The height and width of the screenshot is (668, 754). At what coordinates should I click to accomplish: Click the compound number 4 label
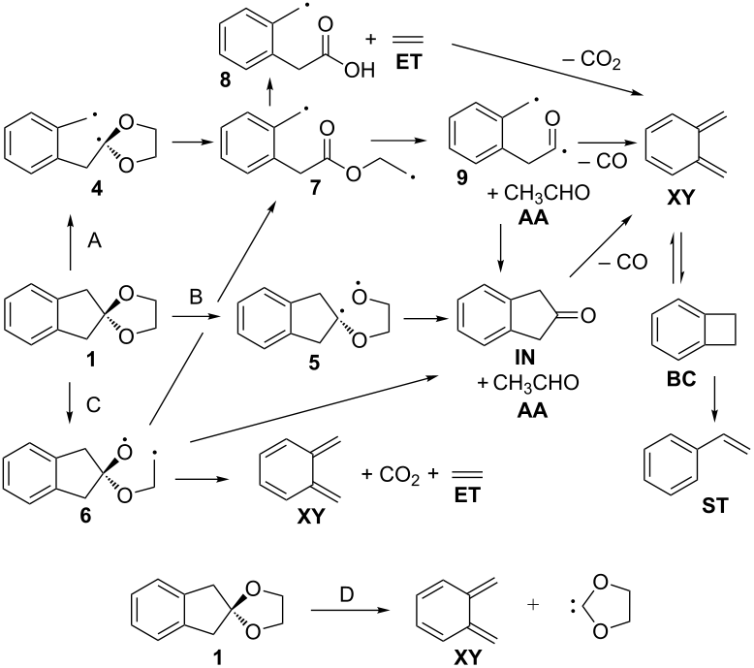97,189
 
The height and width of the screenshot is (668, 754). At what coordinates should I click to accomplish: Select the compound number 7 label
315,186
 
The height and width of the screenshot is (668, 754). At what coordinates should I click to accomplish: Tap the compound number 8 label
226,80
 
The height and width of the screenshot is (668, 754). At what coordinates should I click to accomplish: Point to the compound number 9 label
461,178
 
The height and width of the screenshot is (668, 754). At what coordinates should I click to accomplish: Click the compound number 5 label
314,363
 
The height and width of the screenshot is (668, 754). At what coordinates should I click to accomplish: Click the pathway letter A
95,240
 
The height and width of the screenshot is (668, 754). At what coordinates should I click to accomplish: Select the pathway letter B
196,297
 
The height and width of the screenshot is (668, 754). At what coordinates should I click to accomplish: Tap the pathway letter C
93,405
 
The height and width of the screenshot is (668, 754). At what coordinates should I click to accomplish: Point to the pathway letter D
347,594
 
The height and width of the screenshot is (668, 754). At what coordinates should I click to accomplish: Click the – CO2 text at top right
592,60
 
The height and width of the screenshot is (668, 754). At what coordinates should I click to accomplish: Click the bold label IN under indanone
524,357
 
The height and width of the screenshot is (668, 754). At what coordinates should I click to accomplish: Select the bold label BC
681,379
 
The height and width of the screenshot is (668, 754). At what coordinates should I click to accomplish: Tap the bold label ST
715,506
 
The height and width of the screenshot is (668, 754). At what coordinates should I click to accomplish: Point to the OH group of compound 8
360,71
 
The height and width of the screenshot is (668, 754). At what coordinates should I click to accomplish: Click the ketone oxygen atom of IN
588,315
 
